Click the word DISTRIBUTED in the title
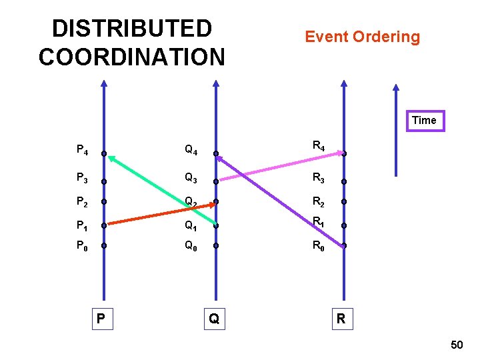[132, 29]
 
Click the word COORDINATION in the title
[132, 57]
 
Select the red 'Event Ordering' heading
[362, 37]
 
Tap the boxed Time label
[424, 121]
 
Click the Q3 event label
[191, 178]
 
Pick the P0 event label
[83, 246]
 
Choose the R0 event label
[319, 246]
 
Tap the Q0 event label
[191, 246]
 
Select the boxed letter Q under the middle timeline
[213, 319]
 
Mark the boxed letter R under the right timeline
[341, 319]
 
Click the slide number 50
[457, 345]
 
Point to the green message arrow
[160, 189]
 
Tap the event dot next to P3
[103, 181]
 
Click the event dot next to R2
[344, 201]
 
